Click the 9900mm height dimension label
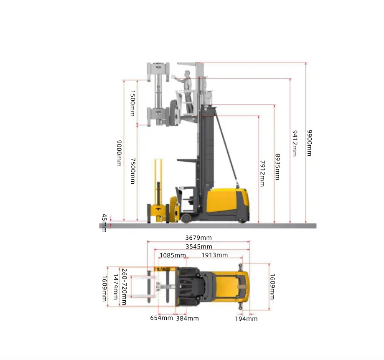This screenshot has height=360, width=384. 310,143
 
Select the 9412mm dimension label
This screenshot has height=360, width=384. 295,143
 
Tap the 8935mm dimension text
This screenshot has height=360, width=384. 277,167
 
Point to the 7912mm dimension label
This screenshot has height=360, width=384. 262,173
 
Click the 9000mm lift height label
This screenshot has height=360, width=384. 119,153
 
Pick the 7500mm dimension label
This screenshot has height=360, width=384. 133,171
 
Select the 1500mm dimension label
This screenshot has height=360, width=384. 133,103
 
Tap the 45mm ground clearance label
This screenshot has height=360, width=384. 104,223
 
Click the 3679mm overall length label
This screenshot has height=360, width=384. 198,238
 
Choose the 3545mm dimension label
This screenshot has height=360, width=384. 199,247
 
